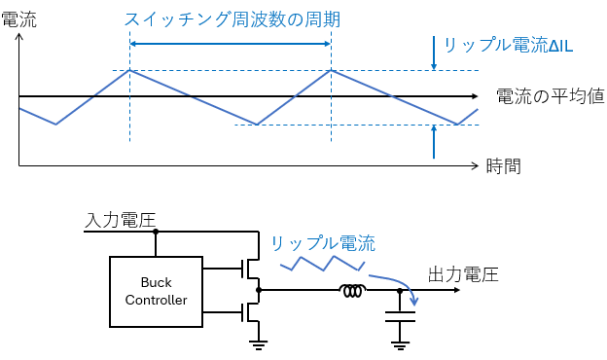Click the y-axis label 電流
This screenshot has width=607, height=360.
click(18, 18)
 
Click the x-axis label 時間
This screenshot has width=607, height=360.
click(503, 165)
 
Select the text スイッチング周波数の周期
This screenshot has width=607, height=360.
click(232, 18)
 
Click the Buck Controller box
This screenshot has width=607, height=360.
click(156, 290)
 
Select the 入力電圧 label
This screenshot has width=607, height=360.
click(121, 220)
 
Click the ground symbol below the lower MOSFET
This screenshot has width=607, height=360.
click(258, 341)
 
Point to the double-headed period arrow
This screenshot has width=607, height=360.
click(231, 44)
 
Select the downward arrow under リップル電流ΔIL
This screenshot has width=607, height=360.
click(434, 53)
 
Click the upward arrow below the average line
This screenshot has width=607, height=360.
click(434, 142)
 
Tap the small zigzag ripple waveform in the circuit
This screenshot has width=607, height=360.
click(322, 262)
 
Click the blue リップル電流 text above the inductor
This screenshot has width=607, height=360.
click(322, 243)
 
